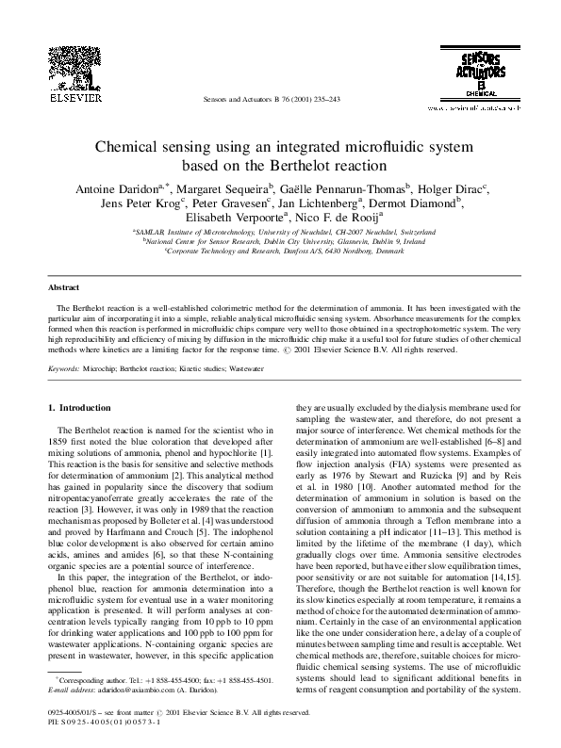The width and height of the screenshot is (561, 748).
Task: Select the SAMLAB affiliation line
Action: (280, 232)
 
